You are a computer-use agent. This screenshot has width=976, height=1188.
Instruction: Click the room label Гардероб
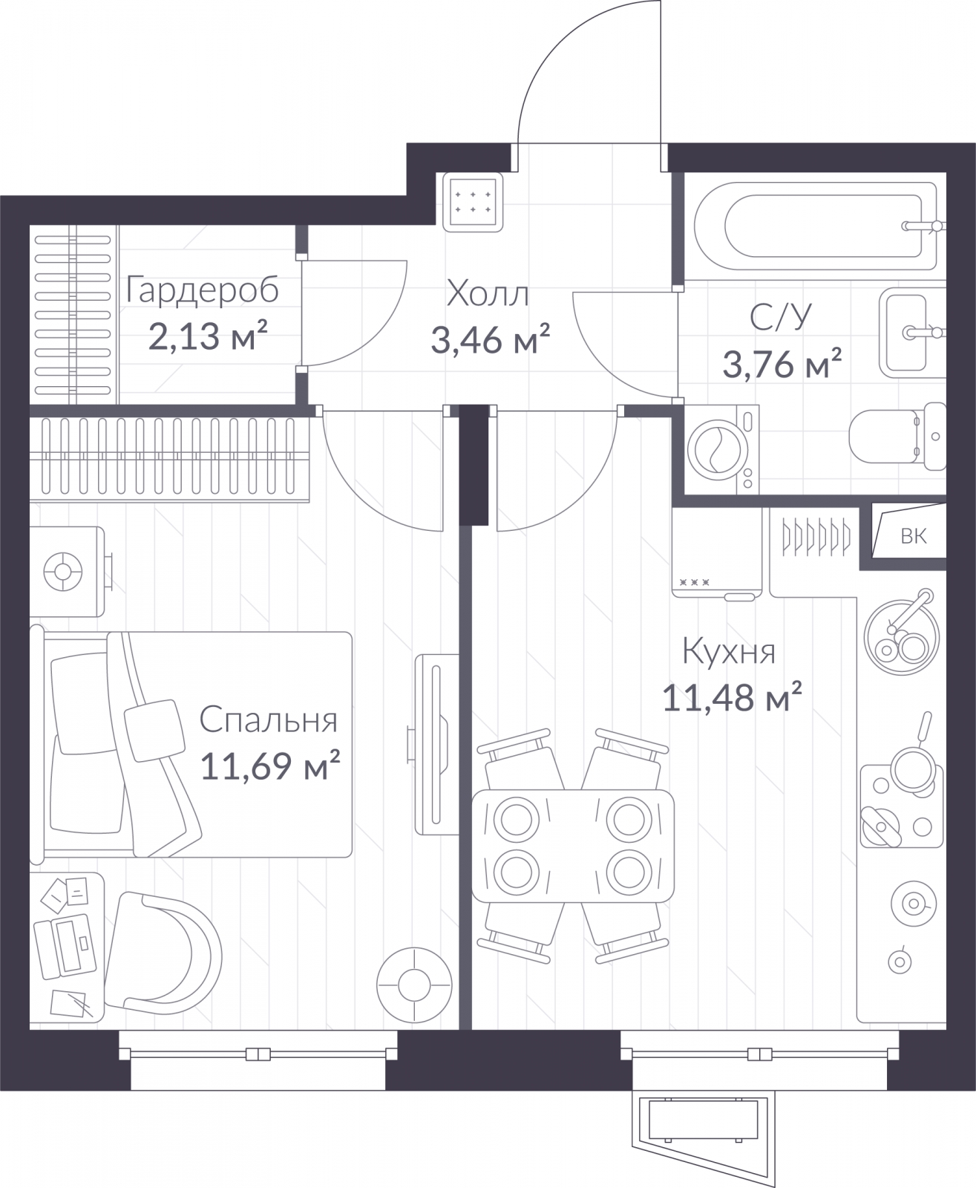(202, 290)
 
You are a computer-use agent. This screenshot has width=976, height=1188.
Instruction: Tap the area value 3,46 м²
(490, 339)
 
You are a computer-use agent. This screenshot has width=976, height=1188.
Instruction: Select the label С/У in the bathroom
(781, 317)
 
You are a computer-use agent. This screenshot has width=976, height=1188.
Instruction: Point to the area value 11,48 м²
(732, 696)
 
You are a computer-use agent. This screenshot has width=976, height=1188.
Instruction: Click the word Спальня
(268, 720)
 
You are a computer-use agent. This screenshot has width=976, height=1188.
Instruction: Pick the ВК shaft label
(914, 535)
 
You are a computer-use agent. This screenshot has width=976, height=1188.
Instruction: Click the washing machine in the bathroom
(721, 450)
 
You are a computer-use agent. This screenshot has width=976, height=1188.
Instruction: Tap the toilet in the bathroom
(897, 436)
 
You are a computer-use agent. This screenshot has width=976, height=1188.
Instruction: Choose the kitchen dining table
(573, 846)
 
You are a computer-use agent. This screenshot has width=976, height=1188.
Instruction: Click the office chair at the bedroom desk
(163, 956)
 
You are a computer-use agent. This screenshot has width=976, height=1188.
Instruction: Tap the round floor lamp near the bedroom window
(414, 985)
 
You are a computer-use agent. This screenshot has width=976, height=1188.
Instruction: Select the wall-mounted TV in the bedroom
(433, 744)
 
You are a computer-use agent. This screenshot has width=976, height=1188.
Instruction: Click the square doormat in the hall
(473, 202)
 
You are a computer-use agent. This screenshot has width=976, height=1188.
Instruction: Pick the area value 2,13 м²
(207, 336)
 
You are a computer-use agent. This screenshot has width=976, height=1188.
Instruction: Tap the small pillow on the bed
(154, 731)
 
